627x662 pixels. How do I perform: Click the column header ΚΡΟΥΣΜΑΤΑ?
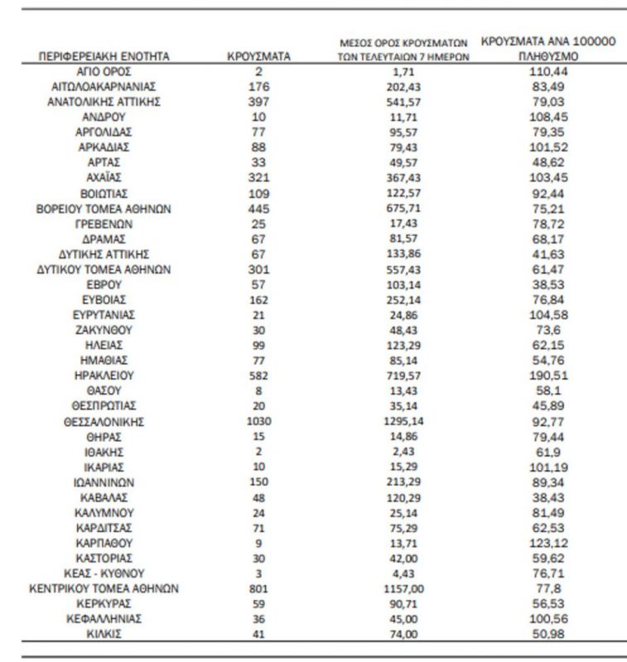pyautogui.click(x=258, y=57)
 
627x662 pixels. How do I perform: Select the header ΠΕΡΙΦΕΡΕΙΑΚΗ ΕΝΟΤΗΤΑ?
pyautogui.click(x=104, y=57)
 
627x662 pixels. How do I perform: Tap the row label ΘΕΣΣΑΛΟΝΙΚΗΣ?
pyautogui.click(x=104, y=421)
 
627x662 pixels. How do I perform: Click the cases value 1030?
pyautogui.click(x=258, y=421)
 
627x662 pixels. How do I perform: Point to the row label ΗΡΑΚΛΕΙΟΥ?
pyautogui.click(x=104, y=375)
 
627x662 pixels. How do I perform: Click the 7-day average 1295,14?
pyautogui.click(x=403, y=421)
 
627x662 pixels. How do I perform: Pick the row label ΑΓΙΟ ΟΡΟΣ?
pyautogui.click(x=104, y=72)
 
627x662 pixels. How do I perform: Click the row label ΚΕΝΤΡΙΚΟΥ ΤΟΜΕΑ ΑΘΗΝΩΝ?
pyautogui.click(x=104, y=588)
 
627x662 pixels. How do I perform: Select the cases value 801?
pyautogui.click(x=258, y=588)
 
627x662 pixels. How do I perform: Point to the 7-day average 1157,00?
pyautogui.click(x=403, y=588)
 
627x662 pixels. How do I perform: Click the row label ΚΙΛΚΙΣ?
pyautogui.click(x=104, y=634)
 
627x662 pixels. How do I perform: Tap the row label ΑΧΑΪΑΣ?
pyautogui.click(x=104, y=178)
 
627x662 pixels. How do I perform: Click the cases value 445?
pyautogui.click(x=258, y=209)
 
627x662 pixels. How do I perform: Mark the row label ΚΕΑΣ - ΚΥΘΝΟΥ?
pyautogui.click(x=104, y=573)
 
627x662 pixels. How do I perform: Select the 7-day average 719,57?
pyautogui.click(x=403, y=375)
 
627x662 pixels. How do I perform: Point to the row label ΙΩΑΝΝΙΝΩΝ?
pyautogui.click(x=104, y=482)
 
